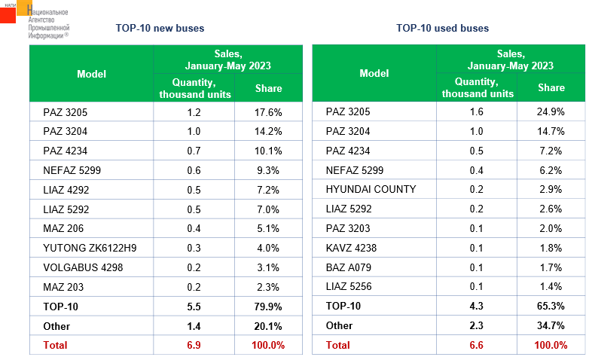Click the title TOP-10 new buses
(160, 28)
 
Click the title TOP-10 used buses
(442, 28)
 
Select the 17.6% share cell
(268, 112)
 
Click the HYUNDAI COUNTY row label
(371, 189)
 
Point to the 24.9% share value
(551, 112)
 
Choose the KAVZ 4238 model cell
(351, 248)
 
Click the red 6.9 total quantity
(194, 345)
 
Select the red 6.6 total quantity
(477, 345)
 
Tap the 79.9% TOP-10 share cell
(268, 307)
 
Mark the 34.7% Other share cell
(551, 326)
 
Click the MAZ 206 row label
(63, 228)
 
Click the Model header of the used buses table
(374, 73)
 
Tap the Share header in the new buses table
(268, 88)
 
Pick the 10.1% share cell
(268, 151)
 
